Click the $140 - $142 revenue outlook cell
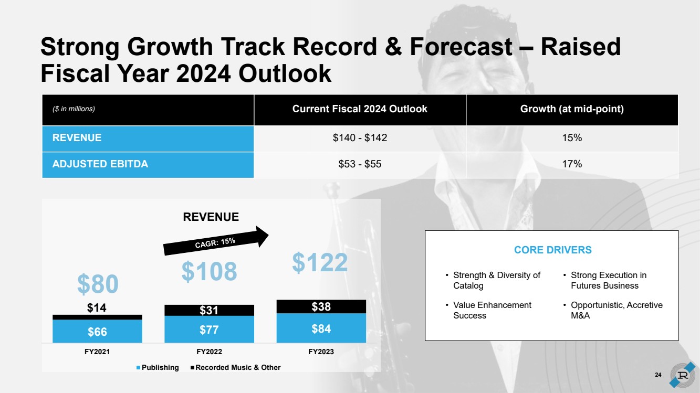point(360,138)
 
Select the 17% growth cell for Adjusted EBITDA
point(572,164)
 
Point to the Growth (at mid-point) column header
point(572,109)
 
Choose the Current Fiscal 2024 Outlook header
point(360,109)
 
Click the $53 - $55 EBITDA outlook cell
point(360,164)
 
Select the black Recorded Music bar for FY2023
point(321,306)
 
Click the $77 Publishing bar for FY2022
point(209,329)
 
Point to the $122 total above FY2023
point(320,262)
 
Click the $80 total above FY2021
point(98,284)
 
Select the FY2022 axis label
point(209,352)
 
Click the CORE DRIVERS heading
point(552,250)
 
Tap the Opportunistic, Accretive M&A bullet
point(615,310)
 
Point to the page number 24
point(658,374)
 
